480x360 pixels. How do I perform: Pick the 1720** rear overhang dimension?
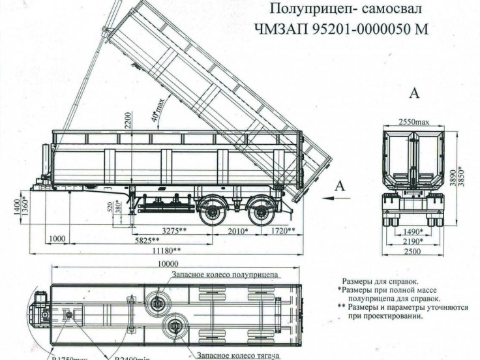282,230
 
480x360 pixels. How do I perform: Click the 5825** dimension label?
147,240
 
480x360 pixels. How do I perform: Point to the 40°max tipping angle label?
157,103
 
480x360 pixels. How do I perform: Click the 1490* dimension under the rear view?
412,232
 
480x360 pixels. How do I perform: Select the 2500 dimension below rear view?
412,250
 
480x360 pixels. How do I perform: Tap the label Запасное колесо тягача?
237,356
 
